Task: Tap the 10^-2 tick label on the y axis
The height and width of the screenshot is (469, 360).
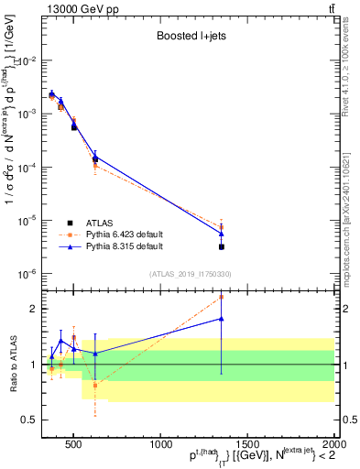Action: pos(30,60)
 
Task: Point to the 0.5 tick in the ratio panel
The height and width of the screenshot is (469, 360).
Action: pos(33,420)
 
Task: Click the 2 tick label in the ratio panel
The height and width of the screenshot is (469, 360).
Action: pos(38,309)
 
